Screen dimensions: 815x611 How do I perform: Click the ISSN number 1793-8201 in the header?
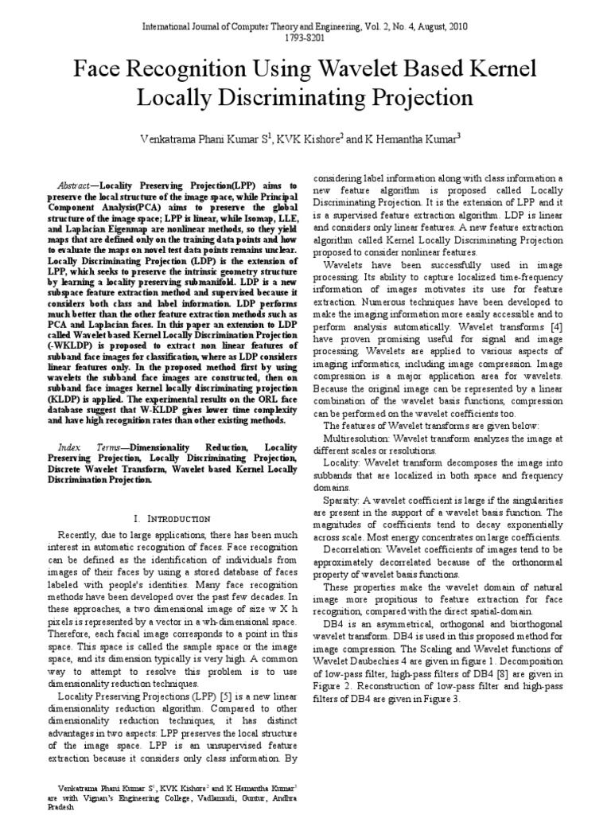point(305,37)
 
